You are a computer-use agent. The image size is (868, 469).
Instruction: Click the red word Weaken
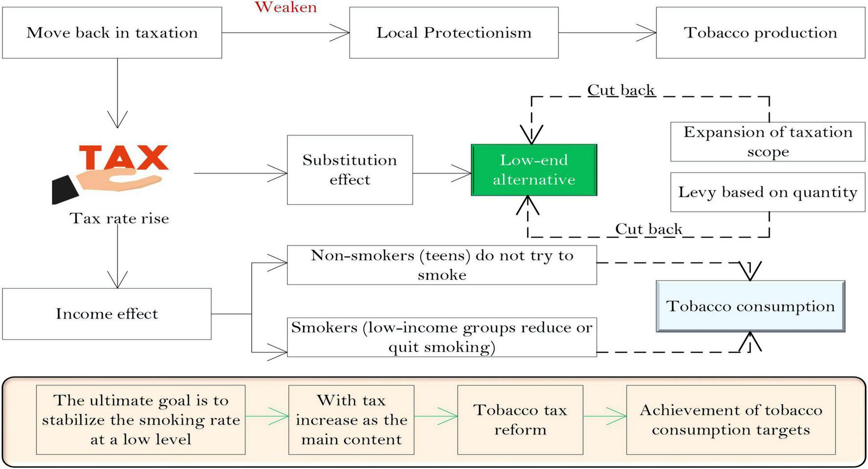[x=286, y=7]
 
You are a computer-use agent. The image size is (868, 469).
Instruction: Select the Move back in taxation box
[x=112, y=33]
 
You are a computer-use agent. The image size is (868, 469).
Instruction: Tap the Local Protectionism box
[x=454, y=33]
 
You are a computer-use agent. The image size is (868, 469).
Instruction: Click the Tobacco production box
[x=760, y=33]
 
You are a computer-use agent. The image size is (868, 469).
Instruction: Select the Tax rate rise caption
[x=119, y=218]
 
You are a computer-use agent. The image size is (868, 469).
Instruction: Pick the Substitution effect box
[x=350, y=170]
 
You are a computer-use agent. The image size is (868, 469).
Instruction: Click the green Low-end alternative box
[x=534, y=170]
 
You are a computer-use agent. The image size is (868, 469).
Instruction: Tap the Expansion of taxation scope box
[x=768, y=142]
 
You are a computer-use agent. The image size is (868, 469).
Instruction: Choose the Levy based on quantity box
[x=768, y=192]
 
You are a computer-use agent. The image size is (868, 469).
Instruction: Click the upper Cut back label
[x=621, y=90]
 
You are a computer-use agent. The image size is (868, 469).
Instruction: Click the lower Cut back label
[x=648, y=229]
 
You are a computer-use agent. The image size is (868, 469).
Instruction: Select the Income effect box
[x=107, y=314]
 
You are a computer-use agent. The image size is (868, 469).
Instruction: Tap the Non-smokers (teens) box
[x=441, y=265]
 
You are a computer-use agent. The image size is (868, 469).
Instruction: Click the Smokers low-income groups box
[x=441, y=337]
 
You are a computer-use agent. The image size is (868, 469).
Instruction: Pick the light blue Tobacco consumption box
[x=750, y=306]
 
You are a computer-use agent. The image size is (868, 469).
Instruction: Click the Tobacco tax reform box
[x=520, y=420]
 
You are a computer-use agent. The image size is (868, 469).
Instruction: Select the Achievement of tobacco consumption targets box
[x=730, y=420]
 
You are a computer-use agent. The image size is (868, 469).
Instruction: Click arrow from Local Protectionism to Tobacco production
[x=607, y=33]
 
